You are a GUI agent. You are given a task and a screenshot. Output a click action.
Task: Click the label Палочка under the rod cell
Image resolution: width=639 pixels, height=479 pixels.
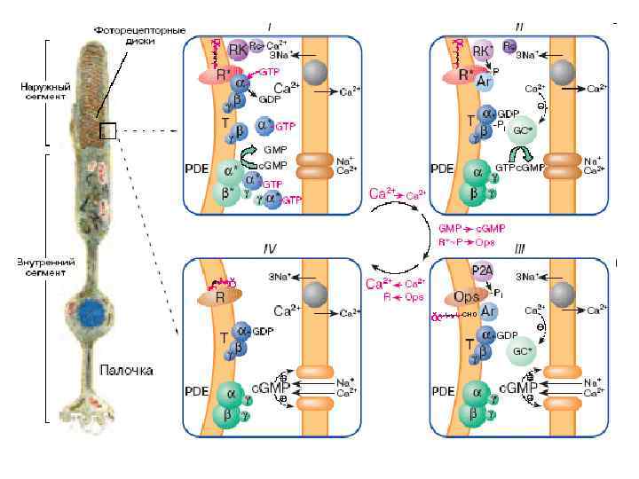[127, 368]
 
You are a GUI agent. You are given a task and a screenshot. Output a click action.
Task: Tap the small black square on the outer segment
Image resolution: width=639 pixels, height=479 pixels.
[108, 131]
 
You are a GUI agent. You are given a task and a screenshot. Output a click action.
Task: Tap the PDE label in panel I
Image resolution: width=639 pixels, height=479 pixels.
[196, 169]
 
